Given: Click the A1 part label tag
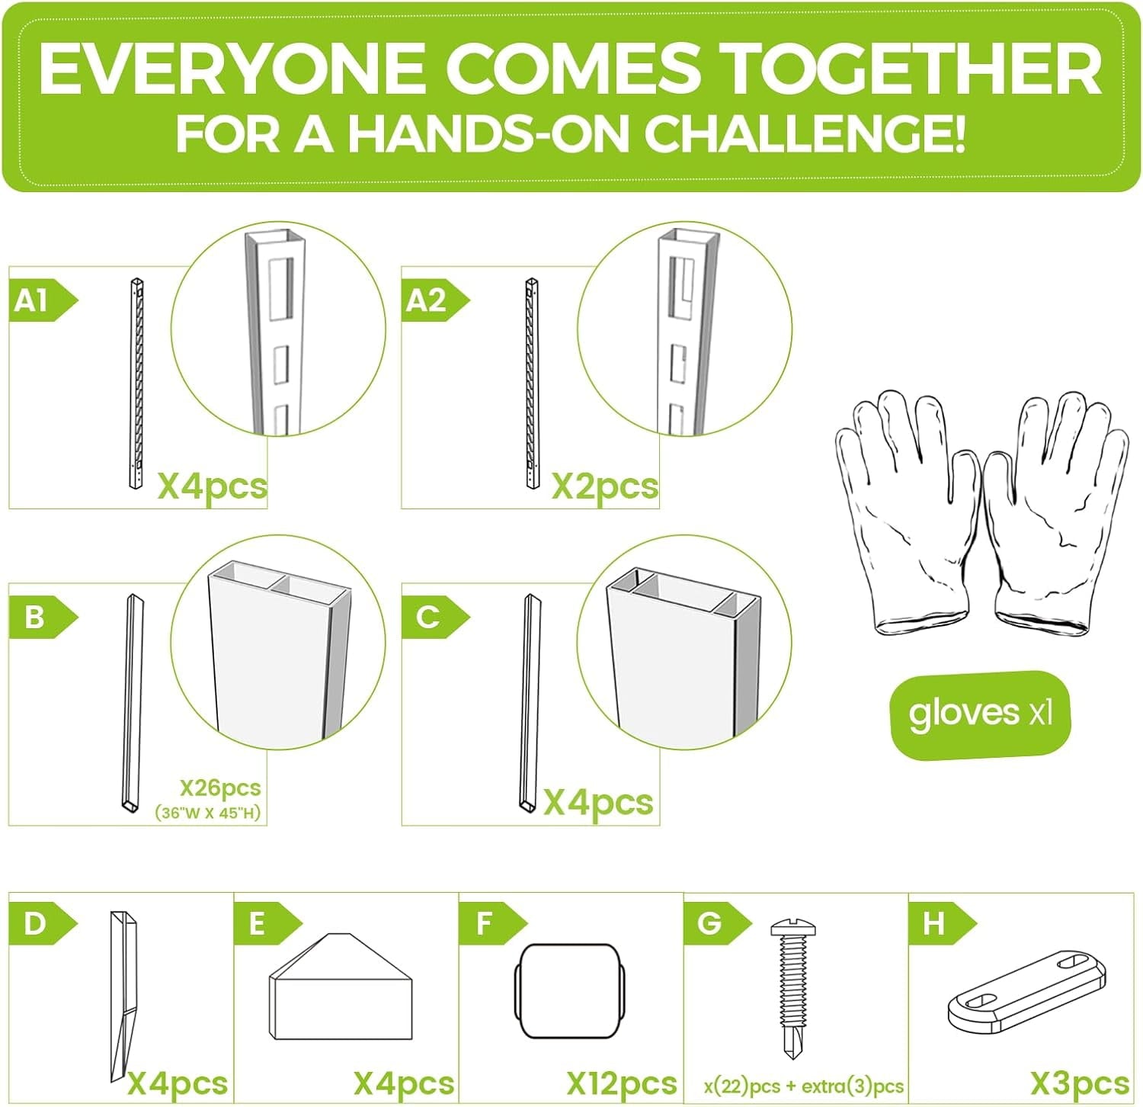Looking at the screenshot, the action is point(42,300).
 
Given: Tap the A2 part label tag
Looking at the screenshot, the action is point(434,300).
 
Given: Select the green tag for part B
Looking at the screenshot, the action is point(42,617).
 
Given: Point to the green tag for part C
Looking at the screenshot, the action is point(434,617).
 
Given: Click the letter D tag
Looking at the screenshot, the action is point(42,924).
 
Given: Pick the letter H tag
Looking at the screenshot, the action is point(942,924).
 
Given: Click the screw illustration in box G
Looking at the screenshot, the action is point(792,989).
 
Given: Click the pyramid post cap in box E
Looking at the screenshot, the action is point(341,987).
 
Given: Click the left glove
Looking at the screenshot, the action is point(907,513).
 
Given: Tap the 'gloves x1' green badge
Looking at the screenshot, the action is point(980,714).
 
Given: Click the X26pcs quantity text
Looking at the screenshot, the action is point(220,788).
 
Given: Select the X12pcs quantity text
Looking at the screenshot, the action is point(621,1083).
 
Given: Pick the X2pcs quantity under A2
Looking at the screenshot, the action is point(604,486).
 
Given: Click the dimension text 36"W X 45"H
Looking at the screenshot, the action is point(208,813).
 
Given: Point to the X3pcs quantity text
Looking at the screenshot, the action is point(1080,1083).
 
